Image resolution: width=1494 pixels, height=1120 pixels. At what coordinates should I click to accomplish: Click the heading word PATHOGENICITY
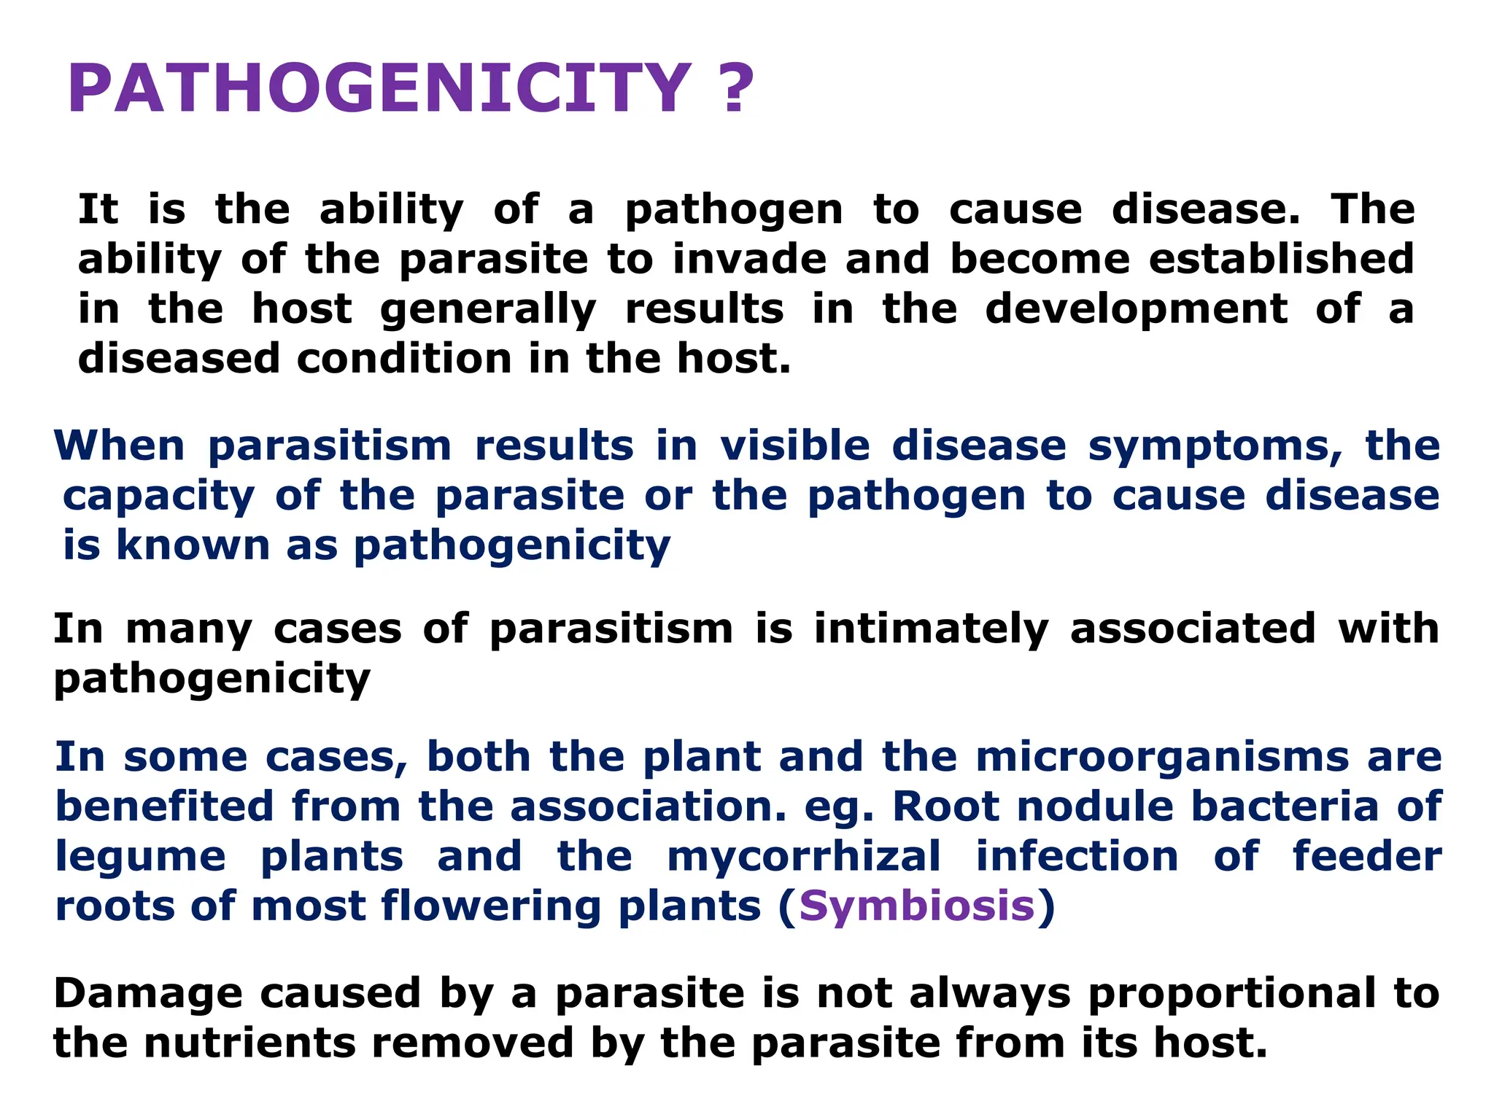click(379, 89)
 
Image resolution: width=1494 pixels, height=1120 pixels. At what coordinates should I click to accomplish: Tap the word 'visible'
click(795, 446)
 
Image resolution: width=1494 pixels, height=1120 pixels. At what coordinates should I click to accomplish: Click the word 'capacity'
click(158, 497)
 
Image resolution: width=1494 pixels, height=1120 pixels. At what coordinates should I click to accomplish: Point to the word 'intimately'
click(931, 629)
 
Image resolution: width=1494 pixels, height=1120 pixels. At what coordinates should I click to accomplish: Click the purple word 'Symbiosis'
click(917, 906)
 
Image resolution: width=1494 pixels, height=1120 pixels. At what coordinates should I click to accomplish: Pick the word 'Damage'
click(148, 994)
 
